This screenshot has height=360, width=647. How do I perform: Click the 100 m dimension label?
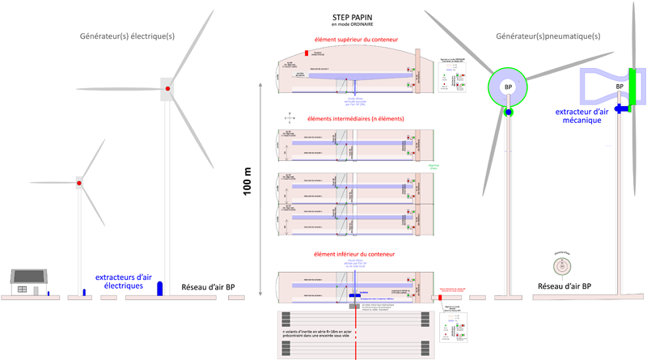pyautogui.click(x=247, y=183)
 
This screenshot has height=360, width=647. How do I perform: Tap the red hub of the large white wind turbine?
pyautogui.click(x=167, y=88)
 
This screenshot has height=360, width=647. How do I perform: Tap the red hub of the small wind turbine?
pyautogui.click(x=78, y=184)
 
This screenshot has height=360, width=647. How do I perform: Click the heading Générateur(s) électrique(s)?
pyautogui.click(x=127, y=36)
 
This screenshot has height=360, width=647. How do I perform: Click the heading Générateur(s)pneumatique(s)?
pyautogui.click(x=548, y=36)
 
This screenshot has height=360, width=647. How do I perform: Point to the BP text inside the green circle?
pyautogui.click(x=508, y=87)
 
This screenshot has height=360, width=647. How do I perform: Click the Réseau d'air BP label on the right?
pyautogui.click(x=565, y=287)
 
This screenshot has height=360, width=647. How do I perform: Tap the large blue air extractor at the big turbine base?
pyautogui.click(x=159, y=288)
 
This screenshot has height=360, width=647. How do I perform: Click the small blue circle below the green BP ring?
pyautogui.click(x=508, y=112)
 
